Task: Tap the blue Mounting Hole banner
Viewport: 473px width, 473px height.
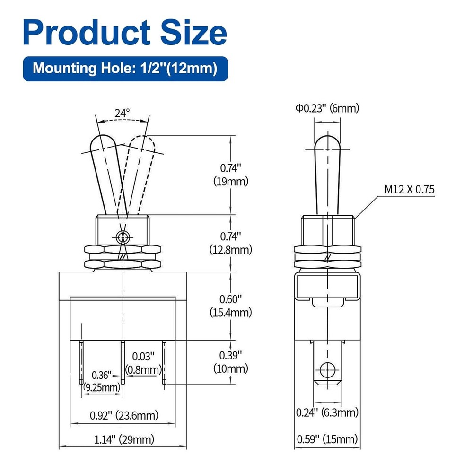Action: [125, 68]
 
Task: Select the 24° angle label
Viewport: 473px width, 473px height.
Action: [122, 114]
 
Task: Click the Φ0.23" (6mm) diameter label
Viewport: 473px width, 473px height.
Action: [327, 108]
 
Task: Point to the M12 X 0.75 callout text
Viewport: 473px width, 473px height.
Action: [409, 190]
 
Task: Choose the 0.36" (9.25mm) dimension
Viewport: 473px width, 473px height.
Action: [102, 381]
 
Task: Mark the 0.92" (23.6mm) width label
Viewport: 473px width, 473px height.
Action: [124, 416]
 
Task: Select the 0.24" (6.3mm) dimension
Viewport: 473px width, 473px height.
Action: [327, 412]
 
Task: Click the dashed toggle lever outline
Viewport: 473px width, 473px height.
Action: [140, 170]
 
